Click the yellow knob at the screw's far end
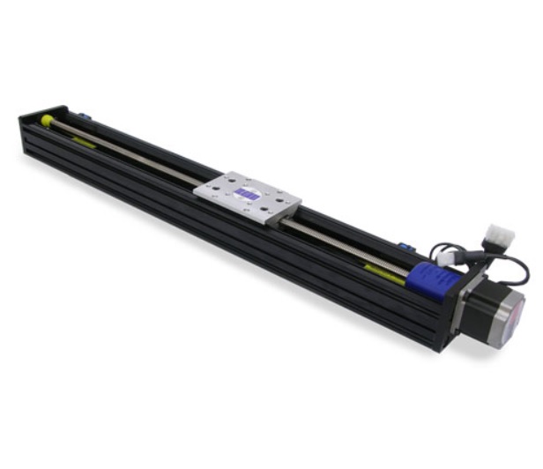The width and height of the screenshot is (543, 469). click(x=46, y=120)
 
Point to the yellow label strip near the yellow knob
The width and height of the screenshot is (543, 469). click(x=84, y=141)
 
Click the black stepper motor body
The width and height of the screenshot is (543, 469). click(x=480, y=304)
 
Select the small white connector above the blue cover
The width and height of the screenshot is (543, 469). click(x=448, y=257)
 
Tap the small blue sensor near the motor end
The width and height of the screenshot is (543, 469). click(x=404, y=248)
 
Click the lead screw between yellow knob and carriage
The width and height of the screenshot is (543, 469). click(x=132, y=152)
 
